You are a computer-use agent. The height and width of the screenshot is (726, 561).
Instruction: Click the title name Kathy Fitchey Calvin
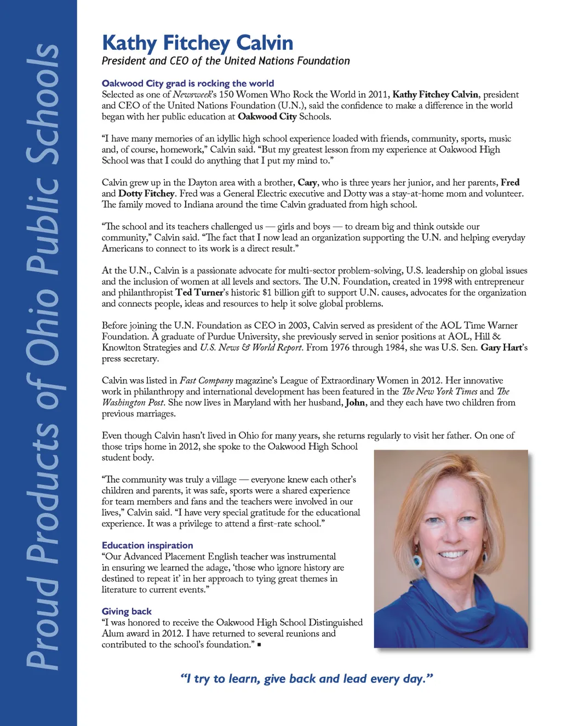[x=197, y=43]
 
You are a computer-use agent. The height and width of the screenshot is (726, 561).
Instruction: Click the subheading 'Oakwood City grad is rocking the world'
[x=187, y=83]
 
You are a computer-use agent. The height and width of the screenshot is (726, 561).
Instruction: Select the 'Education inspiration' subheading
[x=147, y=545]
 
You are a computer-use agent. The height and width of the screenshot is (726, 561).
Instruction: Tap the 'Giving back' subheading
[x=127, y=611]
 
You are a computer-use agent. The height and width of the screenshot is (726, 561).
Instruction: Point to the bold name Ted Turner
[x=199, y=293]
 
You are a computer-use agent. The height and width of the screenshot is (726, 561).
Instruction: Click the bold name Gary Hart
[x=502, y=347]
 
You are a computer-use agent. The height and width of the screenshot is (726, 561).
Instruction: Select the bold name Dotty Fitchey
[x=146, y=193]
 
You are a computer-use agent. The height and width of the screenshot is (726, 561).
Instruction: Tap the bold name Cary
[x=307, y=182]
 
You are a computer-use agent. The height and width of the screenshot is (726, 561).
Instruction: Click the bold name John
[x=355, y=403]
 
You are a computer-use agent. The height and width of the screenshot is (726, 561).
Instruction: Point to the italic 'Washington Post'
[x=133, y=403]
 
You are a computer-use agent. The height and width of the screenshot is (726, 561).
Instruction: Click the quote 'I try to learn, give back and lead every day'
[x=307, y=679]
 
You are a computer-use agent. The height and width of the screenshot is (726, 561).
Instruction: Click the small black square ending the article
[x=259, y=645]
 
